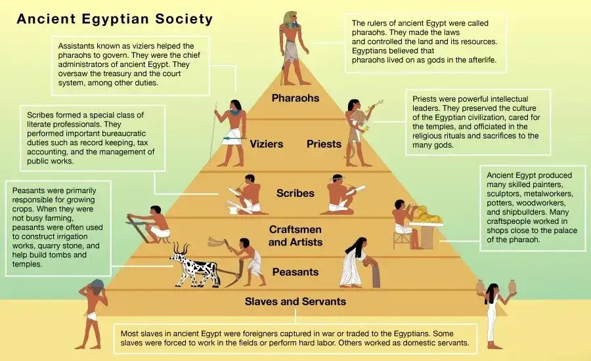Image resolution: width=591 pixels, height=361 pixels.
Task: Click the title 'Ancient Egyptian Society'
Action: click(115, 18)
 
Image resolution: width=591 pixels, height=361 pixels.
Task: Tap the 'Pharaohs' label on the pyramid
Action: click(295, 98)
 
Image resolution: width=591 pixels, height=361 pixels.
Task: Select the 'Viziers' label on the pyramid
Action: click(266, 143)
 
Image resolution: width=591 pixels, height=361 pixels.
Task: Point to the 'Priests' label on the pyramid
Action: click(324, 143)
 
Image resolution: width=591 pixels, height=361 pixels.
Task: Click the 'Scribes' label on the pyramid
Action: click(295, 194)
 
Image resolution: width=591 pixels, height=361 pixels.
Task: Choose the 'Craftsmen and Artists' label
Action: click(295, 235)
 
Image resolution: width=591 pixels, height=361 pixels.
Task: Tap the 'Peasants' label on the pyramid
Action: click(295, 272)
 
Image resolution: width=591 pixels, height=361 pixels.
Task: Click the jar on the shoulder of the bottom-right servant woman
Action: click(480, 287)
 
